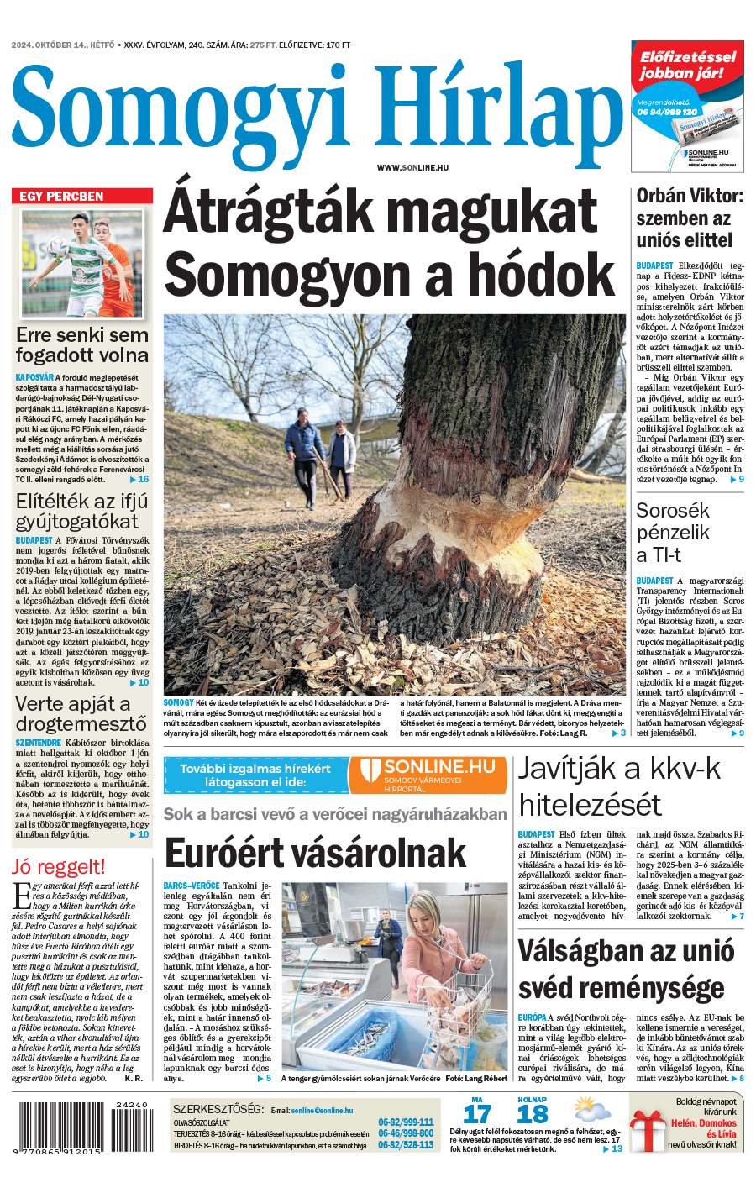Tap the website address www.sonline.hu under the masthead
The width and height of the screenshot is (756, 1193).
(412, 168)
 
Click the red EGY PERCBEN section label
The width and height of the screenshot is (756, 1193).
(62, 196)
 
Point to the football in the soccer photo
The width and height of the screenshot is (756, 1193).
(59, 245)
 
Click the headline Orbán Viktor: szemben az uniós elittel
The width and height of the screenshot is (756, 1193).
(690, 218)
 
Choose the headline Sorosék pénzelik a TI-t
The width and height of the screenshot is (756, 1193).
(674, 533)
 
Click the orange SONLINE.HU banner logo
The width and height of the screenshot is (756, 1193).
(428, 775)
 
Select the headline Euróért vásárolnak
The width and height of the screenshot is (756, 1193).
(315, 854)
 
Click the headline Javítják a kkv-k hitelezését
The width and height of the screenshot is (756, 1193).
(620, 786)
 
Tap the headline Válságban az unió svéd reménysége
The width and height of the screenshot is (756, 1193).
(627, 970)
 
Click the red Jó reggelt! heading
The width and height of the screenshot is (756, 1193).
(59, 867)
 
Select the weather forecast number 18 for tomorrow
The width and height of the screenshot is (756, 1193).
(533, 1115)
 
